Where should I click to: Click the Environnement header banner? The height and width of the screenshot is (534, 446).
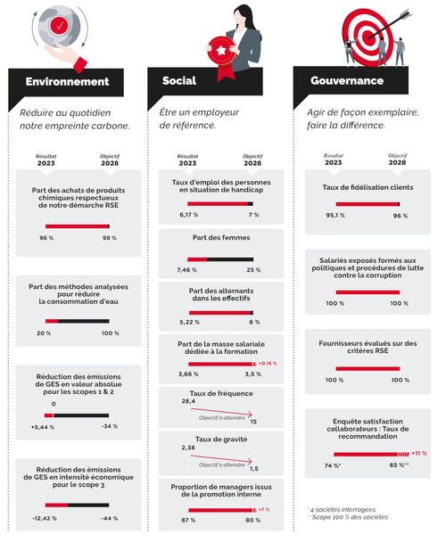click(x=68, y=82)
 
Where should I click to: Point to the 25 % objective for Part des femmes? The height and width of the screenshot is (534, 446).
click(x=253, y=270)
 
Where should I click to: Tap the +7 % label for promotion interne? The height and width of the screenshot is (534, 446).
click(x=264, y=509)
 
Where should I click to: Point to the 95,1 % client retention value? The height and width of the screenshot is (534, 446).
click(x=335, y=215)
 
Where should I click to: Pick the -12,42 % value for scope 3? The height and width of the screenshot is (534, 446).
click(x=44, y=518)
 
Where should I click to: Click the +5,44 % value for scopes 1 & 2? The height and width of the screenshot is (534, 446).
click(x=43, y=427)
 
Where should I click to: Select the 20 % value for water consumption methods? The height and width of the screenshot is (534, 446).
click(x=43, y=333)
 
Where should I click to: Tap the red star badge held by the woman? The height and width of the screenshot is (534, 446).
click(x=220, y=51)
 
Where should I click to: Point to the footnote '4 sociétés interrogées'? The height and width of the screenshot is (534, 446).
click(x=340, y=509)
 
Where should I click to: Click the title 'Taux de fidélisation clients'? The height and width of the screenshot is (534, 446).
click(x=368, y=188)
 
